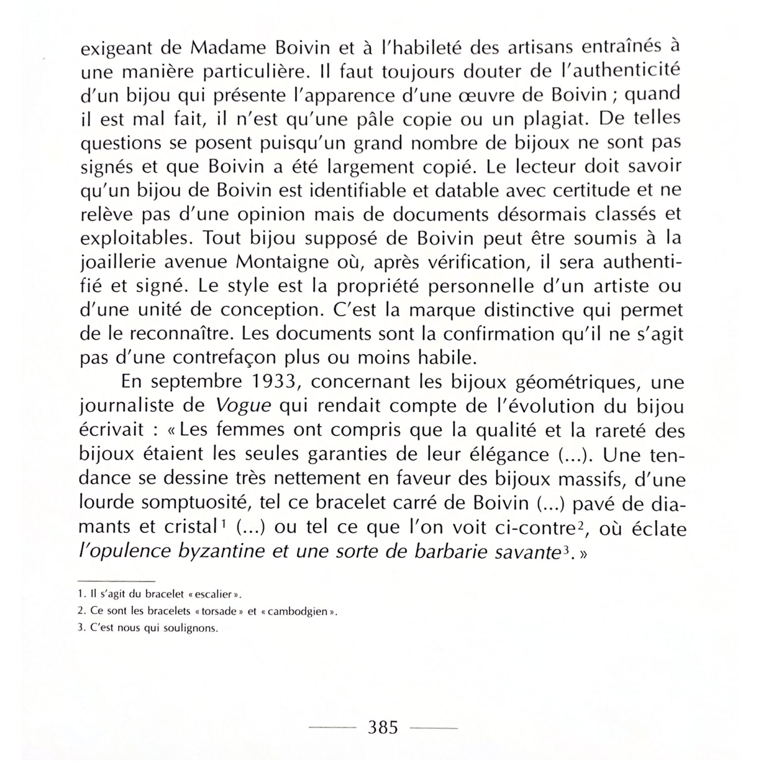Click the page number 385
coord(383,727)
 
